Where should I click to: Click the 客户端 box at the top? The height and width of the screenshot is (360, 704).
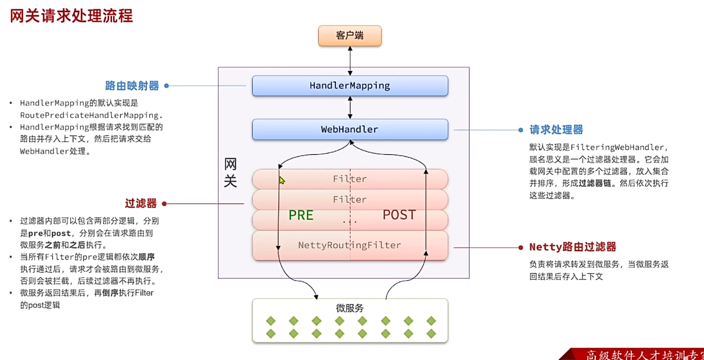[x=350, y=36]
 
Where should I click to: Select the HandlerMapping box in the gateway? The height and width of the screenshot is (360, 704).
[x=350, y=86]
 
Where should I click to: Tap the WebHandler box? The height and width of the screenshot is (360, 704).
[x=350, y=130]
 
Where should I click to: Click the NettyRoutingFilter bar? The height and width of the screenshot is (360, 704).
[x=350, y=245]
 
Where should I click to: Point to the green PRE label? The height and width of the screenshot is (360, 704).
[x=301, y=215]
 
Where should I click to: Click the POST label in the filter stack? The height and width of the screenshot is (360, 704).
[x=399, y=215]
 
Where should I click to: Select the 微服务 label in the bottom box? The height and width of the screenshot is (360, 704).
[x=350, y=308]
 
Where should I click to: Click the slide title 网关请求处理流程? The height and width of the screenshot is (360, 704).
[x=72, y=16]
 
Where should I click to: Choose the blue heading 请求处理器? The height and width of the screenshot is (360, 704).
[x=556, y=130]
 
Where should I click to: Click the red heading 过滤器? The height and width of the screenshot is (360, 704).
[x=140, y=203]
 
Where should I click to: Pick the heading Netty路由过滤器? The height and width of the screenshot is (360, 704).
[x=573, y=247]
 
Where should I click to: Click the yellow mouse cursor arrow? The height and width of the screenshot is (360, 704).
[x=282, y=181]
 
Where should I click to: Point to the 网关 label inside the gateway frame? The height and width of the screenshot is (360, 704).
[x=230, y=172]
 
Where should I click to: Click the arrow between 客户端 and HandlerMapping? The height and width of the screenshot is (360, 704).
[x=350, y=60]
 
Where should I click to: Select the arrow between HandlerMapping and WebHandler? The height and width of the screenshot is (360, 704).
[x=350, y=108]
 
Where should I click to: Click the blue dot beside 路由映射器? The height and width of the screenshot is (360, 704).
[x=166, y=86]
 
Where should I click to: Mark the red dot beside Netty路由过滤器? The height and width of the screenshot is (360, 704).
[x=521, y=247]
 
